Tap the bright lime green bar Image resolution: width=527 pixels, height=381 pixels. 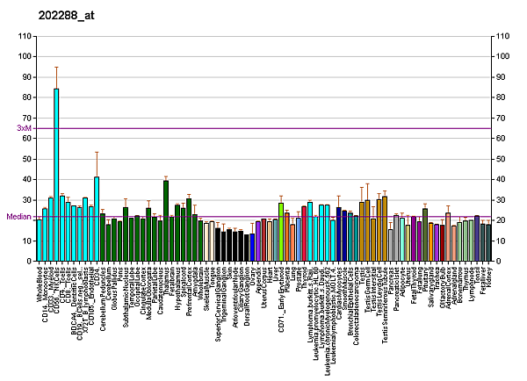[281, 232]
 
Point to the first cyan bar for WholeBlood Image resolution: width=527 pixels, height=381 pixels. [40, 241]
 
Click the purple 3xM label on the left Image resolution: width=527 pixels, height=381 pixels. [24, 128]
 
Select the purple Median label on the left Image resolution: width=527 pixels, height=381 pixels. [18, 217]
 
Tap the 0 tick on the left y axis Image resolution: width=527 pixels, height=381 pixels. [28, 262]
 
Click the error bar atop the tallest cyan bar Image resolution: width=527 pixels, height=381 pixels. [56, 77]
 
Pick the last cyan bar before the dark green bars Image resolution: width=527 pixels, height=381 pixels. [97, 219]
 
